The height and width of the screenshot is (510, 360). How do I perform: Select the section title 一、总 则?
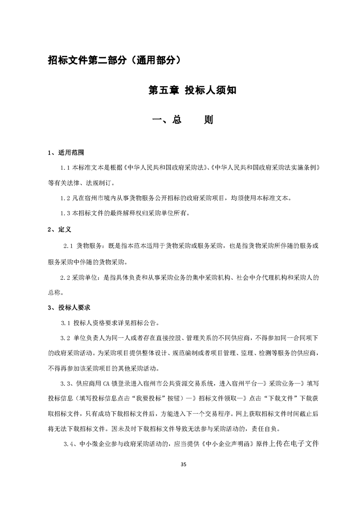(x=182, y=120)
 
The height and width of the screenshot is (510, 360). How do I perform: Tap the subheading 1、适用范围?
(x=66, y=152)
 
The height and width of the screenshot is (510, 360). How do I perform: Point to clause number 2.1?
(x=68, y=246)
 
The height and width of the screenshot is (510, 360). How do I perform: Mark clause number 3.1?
(x=66, y=323)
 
